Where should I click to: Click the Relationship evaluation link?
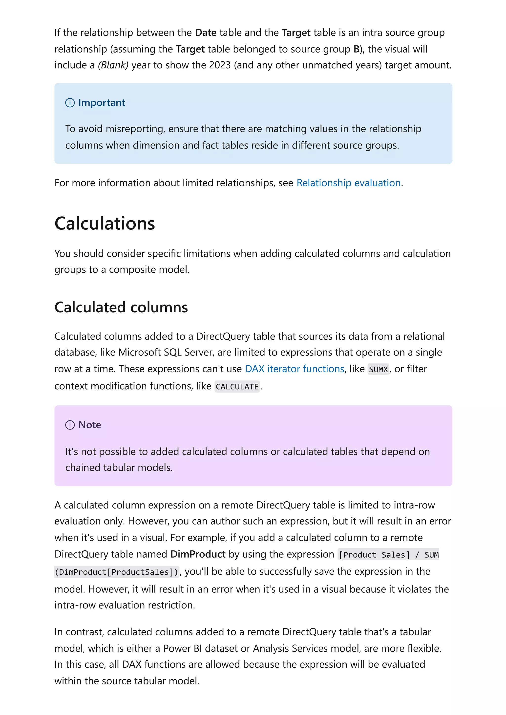[348, 183]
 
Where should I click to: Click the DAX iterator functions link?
[294, 369]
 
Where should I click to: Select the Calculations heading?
[105, 224]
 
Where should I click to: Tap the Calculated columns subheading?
[121, 307]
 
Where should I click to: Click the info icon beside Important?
[70, 103]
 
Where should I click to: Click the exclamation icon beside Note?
[70, 425]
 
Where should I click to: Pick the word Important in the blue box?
[101, 103]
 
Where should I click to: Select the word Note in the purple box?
[89, 425]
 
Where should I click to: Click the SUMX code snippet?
[378, 369]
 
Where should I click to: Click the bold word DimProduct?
[198, 554]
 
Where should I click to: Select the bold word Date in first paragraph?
[206, 33]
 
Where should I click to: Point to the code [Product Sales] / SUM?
[388, 555]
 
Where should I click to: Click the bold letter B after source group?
[356, 49]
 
